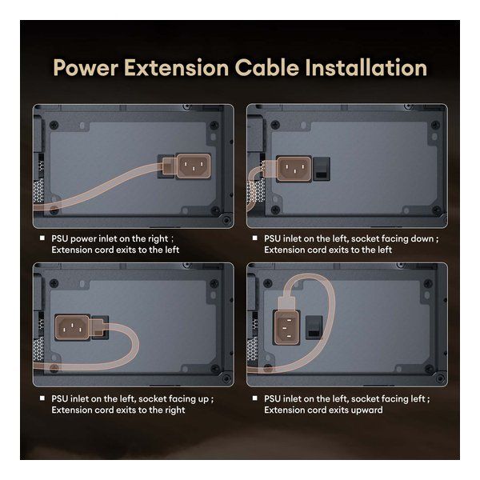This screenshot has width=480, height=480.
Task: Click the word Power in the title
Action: pos(86,68)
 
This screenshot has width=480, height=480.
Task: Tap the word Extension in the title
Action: pos(176,68)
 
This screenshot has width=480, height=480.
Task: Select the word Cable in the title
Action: pos(267,68)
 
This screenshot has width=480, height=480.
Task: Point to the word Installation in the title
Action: pos(366,68)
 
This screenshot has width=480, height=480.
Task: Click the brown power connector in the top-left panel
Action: pos(194,166)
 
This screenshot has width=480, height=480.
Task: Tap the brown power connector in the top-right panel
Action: pos(294,169)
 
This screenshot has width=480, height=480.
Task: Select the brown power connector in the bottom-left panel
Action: pos(72,327)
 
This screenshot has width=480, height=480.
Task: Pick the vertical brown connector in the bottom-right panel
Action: pos(286,327)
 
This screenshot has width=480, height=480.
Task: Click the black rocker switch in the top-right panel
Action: pos(322,169)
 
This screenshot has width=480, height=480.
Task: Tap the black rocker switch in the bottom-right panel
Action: pos(314,327)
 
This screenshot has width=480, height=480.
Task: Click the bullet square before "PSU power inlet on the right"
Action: pos(42,238)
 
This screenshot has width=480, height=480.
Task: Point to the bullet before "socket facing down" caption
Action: pos(254,238)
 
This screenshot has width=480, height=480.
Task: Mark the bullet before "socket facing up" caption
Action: pos(42,398)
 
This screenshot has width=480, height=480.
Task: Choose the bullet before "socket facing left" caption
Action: pos(254,398)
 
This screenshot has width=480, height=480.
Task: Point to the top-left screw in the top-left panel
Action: pos(54,125)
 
